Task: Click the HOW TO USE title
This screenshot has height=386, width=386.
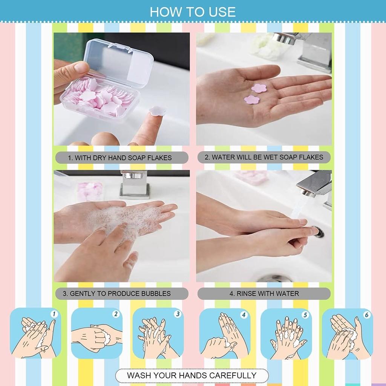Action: (193, 12)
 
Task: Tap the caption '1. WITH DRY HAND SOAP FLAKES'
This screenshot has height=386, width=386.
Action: (119, 158)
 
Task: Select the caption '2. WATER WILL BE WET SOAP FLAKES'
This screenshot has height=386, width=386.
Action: (264, 157)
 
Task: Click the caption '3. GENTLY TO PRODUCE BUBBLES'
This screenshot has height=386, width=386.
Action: (120, 293)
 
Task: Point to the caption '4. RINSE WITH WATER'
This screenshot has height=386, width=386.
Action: (264, 293)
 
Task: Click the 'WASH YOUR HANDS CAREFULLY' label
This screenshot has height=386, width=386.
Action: (191, 375)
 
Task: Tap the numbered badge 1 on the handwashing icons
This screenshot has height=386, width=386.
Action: (54, 314)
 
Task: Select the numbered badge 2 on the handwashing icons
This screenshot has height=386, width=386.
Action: (116, 314)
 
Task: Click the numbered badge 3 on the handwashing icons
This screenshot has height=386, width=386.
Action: (178, 314)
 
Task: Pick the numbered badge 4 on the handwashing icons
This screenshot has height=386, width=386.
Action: (244, 314)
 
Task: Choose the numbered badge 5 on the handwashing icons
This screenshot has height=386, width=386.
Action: (305, 314)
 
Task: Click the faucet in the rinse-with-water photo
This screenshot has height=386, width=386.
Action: (315, 185)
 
